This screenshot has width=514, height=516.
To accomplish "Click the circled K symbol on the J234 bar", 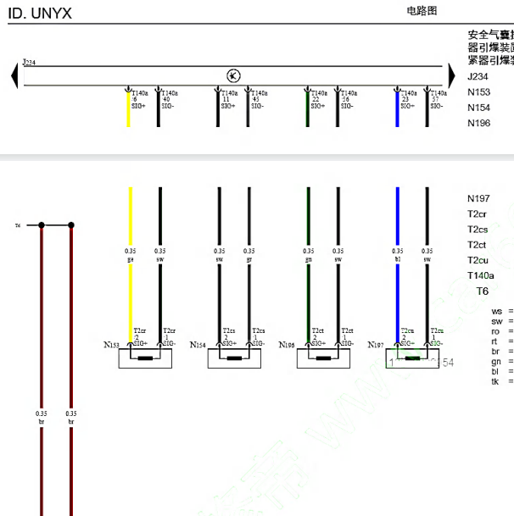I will coord(233,75).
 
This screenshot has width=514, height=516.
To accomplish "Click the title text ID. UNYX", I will coord(41,14).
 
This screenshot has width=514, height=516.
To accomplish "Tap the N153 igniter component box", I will coord(144,358).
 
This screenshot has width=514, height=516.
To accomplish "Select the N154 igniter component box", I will coord(233,358).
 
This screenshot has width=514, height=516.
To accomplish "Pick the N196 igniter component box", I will coord(323,358).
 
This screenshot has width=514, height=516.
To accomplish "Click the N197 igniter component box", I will coord(412,358).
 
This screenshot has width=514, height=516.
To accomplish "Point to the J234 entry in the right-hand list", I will coord(478,77).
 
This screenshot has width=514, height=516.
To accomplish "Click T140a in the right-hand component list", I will coord(482,275).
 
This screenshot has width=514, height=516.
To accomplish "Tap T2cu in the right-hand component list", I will coord(478,260).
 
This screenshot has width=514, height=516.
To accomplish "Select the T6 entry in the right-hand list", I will coord(483,291).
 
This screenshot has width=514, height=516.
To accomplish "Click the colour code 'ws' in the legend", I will coord(497,312).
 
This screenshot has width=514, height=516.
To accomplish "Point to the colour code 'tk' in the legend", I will coord(496,381).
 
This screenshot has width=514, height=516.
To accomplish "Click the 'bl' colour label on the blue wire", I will coord(397,259).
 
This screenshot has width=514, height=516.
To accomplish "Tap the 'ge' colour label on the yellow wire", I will coord(130,259).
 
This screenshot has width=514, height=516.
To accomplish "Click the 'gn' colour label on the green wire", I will coord(308,259).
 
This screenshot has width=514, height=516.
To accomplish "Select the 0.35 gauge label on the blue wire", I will coord(397,251).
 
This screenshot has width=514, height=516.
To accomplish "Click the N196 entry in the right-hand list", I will coord(479,123).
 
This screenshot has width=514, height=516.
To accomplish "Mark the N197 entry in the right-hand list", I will coord(479,198).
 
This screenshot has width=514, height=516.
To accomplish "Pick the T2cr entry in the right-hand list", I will coord(478,214).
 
